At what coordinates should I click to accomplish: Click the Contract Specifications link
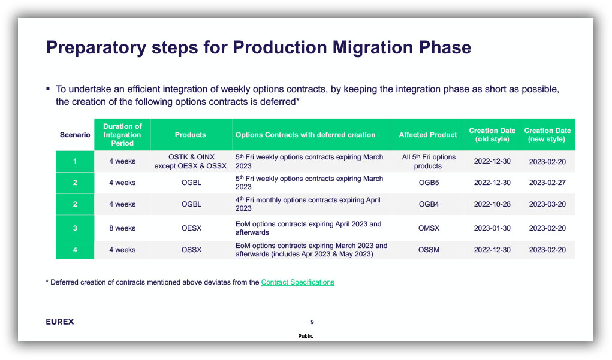[x=297, y=282]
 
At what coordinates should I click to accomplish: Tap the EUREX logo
[x=60, y=322]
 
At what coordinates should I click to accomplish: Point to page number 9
[x=312, y=322]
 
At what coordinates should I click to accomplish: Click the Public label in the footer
[x=306, y=336]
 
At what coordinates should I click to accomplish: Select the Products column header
[x=191, y=135]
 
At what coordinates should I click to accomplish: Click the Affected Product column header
[x=428, y=135]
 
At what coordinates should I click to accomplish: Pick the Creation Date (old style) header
[x=492, y=135]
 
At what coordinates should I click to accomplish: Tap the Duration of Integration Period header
[x=122, y=135]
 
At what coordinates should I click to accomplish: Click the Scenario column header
[x=75, y=135]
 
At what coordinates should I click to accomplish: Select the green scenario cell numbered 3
[x=75, y=228]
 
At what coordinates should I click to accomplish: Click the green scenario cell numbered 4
[x=75, y=250]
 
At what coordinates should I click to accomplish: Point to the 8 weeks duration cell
[x=122, y=228]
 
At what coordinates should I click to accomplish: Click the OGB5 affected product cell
[x=429, y=183]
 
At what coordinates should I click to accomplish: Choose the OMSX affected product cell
[x=429, y=228]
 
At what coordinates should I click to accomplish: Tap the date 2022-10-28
[x=492, y=204]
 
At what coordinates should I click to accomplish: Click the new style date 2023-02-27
[x=547, y=183]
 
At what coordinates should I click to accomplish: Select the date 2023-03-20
[x=547, y=204]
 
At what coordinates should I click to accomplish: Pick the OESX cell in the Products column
[x=191, y=228]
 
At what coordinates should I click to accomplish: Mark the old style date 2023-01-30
[x=492, y=228]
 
